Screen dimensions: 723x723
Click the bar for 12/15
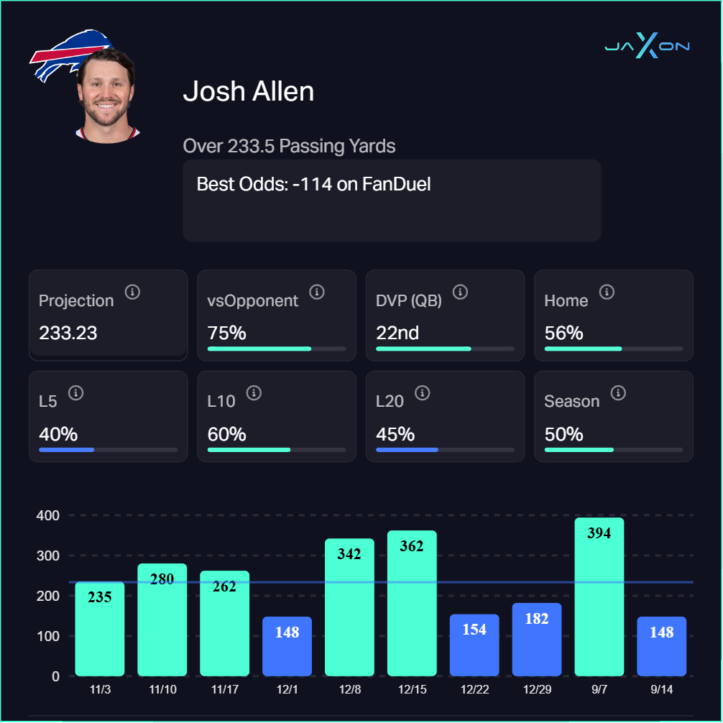[412, 604]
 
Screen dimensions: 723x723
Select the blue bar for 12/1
[287, 646]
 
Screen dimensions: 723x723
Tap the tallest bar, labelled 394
[599, 597]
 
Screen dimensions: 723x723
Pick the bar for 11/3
[100, 629]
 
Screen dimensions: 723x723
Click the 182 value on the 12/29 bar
[537, 619]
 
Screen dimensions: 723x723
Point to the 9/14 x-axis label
[661, 689]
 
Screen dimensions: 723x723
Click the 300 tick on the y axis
[49, 556]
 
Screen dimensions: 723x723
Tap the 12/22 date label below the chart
[474, 689]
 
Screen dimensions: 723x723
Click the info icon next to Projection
[132, 292]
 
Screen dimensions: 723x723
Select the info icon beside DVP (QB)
[461, 292]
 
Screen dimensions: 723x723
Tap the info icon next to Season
[618, 392]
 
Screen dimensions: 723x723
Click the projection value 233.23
[68, 333]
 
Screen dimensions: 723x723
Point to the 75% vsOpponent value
[226, 333]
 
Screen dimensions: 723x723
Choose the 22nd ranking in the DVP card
[397, 333]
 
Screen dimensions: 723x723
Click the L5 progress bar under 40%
[108, 450]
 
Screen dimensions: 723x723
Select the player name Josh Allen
[249, 91]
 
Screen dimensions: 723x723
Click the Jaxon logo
[647, 47]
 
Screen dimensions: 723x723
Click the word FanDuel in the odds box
[396, 184]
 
